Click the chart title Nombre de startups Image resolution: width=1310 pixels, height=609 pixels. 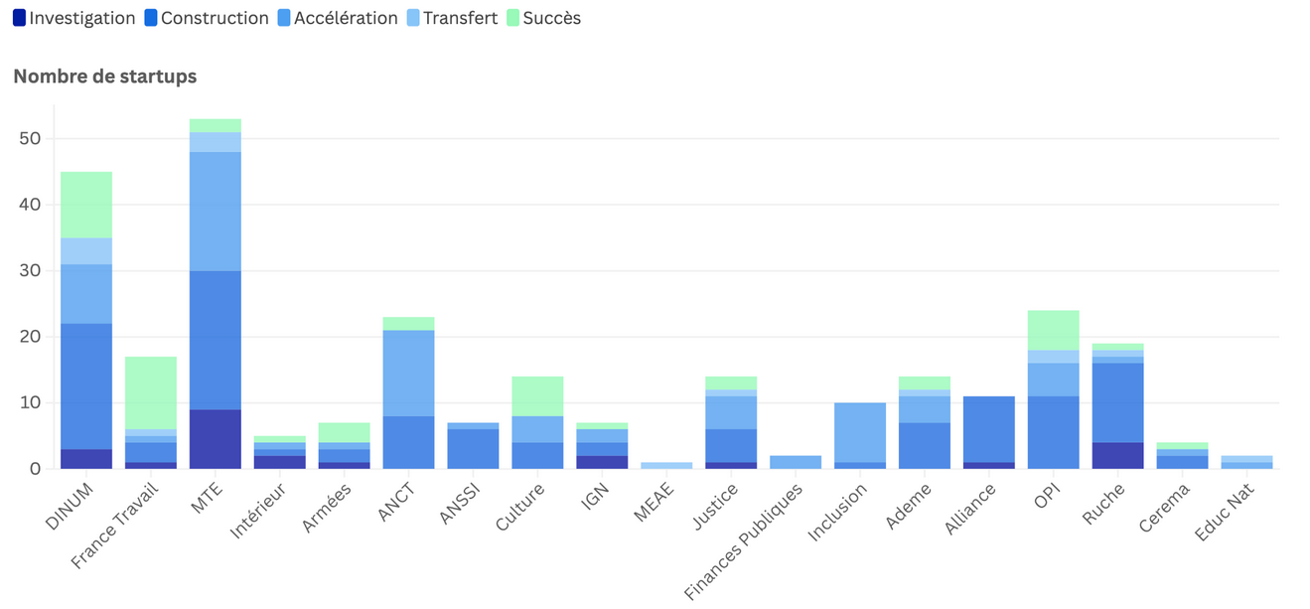pyautogui.click(x=104, y=76)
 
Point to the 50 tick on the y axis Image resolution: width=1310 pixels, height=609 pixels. pyautogui.click(x=29, y=139)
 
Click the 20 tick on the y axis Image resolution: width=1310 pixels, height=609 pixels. pyautogui.click(x=29, y=337)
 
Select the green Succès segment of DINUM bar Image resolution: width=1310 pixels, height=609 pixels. pyautogui.click(x=86, y=205)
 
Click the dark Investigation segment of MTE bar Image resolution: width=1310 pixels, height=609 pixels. pyautogui.click(x=216, y=439)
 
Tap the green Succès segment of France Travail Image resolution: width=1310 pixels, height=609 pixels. pyautogui.click(x=151, y=392)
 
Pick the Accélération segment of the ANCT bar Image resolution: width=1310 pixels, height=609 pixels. pyautogui.click(x=408, y=373)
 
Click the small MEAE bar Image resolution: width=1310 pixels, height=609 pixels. pyautogui.click(x=666, y=465)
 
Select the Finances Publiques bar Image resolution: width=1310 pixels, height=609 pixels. pyautogui.click(x=796, y=462)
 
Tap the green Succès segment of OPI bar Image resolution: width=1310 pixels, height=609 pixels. pyautogui.click(x=1054, y=330)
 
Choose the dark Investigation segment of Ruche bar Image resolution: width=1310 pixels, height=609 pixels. pyautogui.click(x=1117, y=455)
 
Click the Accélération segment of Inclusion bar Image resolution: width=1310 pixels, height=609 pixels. pyautogui.click(x=860, y=432)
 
